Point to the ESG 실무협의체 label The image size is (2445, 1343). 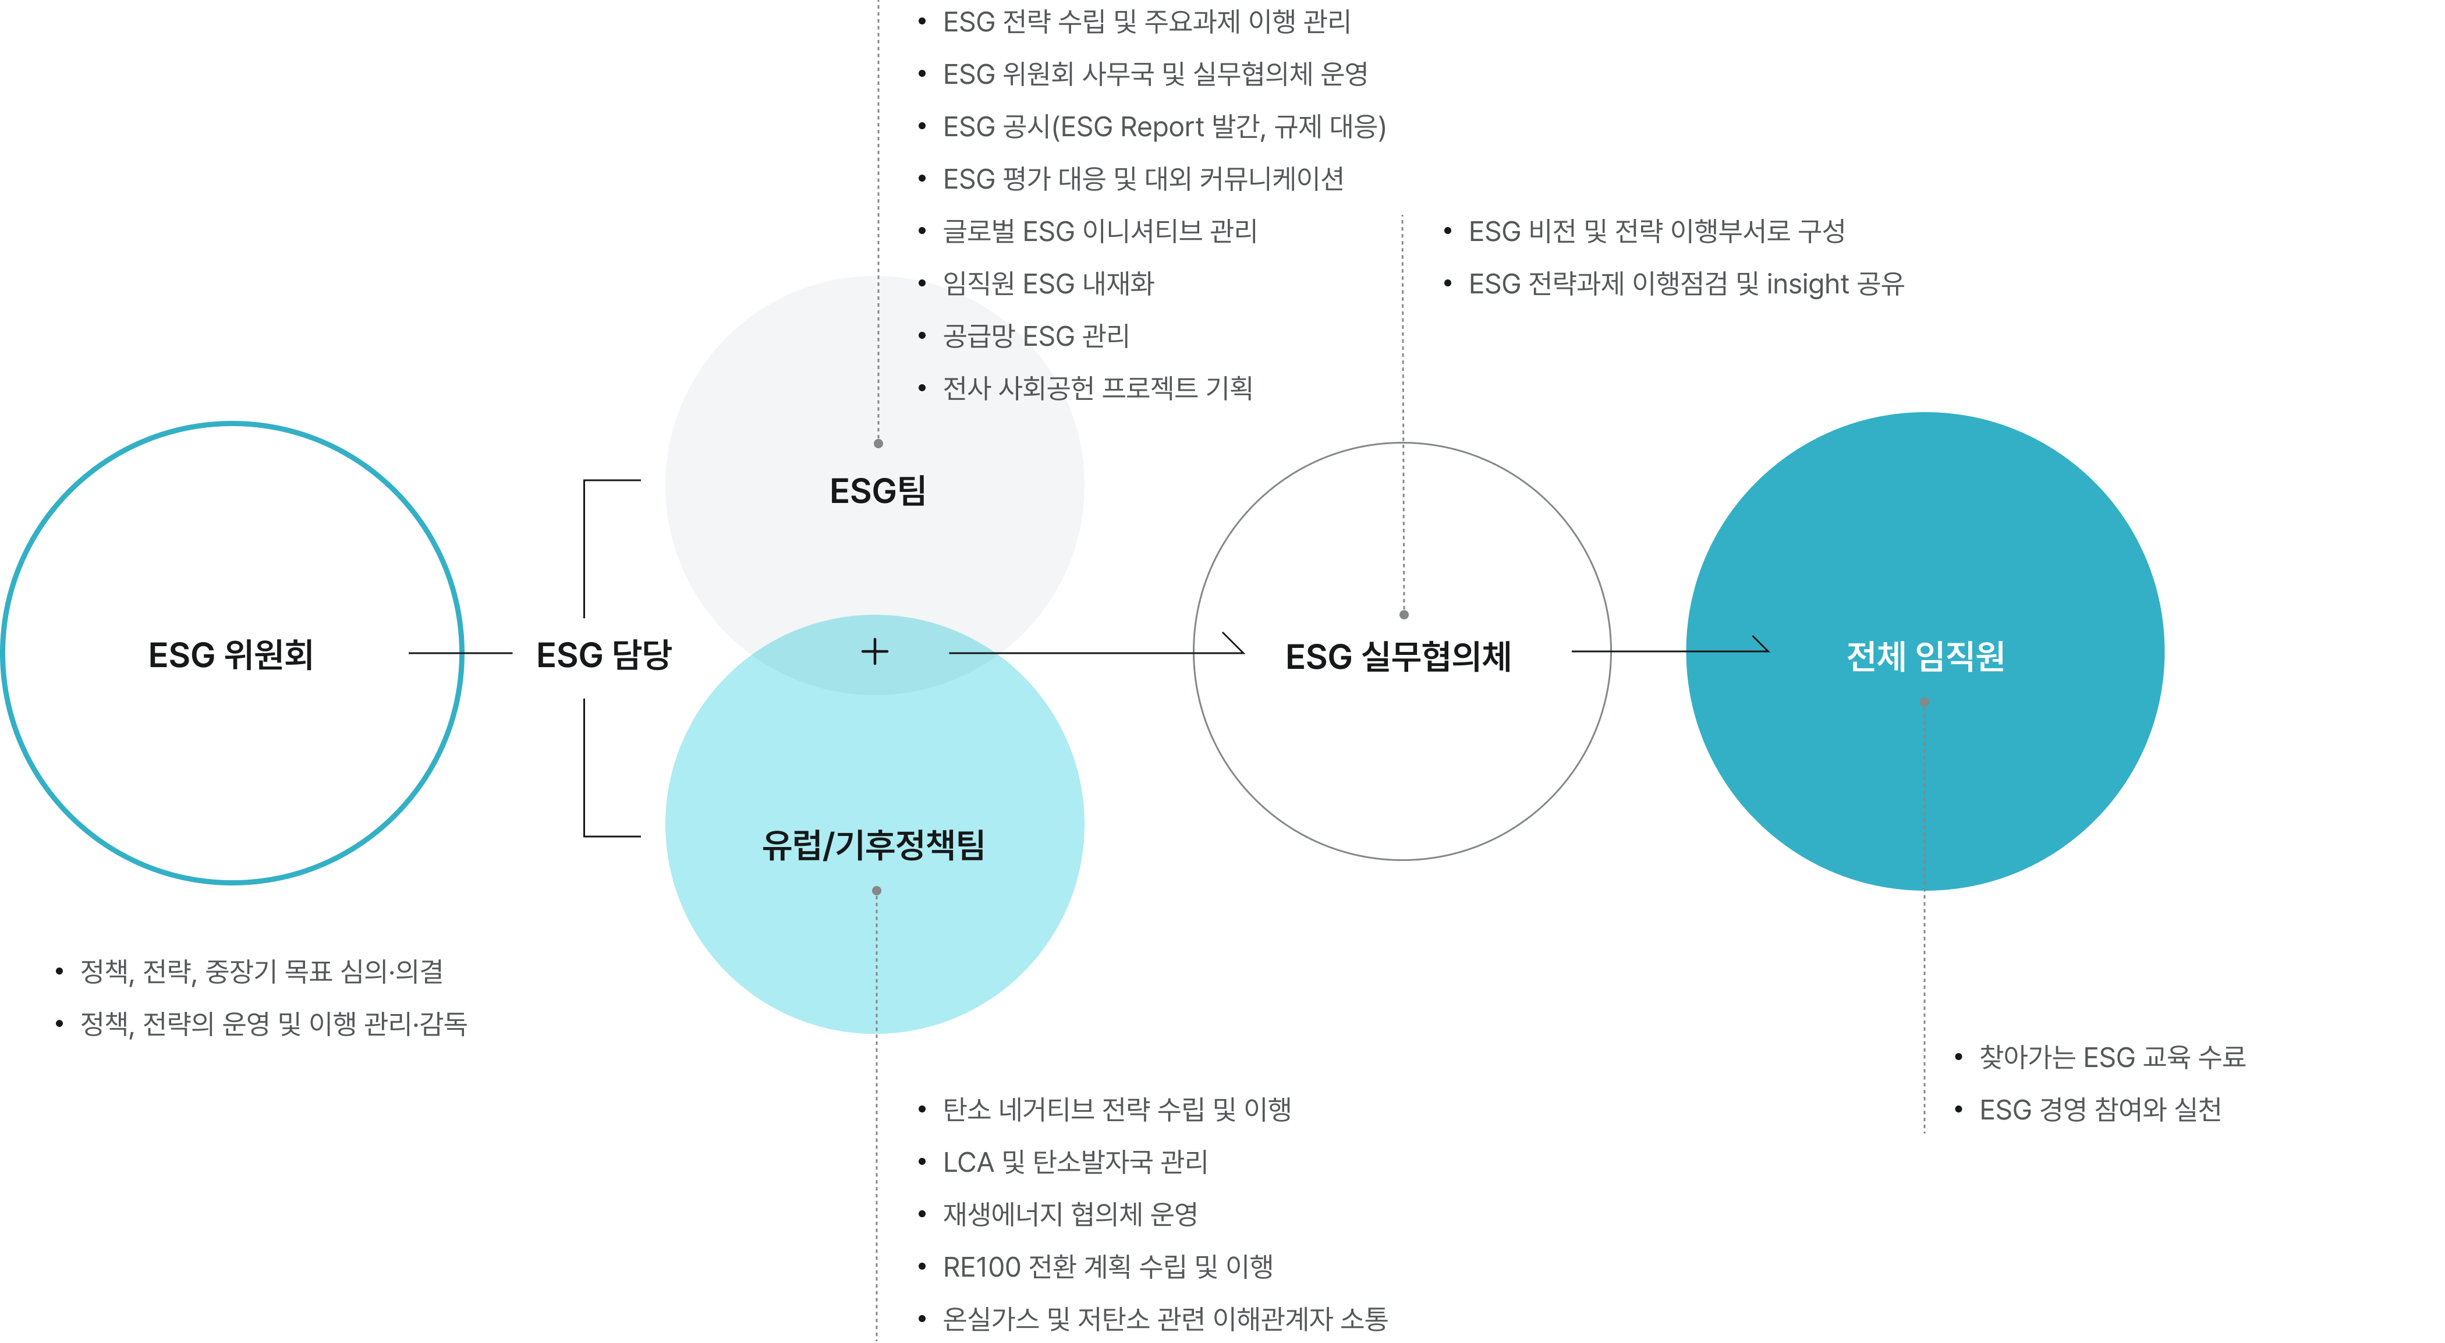click(x=1398, y=656)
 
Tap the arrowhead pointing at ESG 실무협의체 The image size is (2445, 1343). click(x=1234, y=643)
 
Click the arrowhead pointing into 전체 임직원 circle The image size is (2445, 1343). click(x=1759, y=643)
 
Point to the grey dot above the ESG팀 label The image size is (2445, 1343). click(x=878, y=443)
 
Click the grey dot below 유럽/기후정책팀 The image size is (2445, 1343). click(x=876, y=890)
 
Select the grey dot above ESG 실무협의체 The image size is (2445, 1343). click(x=1404, y=614)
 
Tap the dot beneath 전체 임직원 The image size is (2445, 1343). click(x=1924, y=702)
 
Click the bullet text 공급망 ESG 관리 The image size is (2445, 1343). click(x=1036, y=336)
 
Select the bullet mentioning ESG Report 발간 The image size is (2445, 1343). click(x=1164, y=126)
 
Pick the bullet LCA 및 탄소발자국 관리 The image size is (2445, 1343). click(x=1075, y=1162)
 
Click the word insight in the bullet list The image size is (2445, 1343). click(x=1807, y=284)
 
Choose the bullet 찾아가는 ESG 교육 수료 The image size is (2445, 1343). click(x=2112, y=1057)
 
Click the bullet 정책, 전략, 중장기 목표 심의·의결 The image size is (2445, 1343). click(x=262, y=971)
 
